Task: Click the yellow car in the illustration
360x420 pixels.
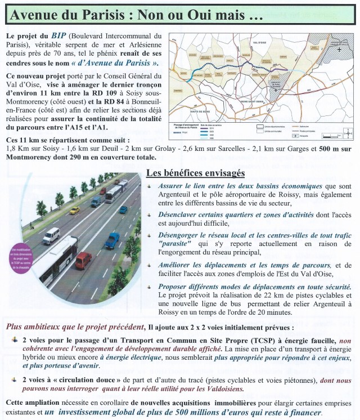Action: (x=74, y=210)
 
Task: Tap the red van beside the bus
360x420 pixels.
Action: (x=84, y=260)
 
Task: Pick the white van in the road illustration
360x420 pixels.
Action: (x=51, y=235)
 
